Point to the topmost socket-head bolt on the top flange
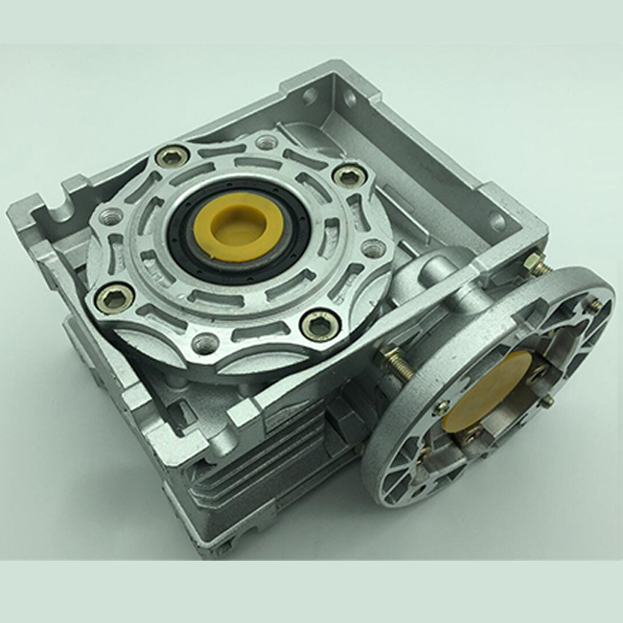173,153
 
